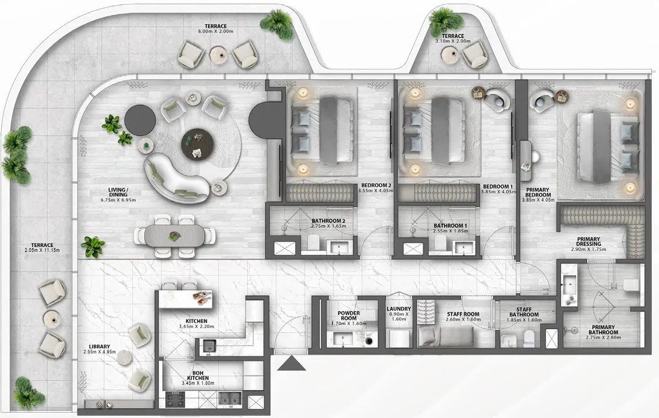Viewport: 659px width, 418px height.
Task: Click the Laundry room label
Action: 398,309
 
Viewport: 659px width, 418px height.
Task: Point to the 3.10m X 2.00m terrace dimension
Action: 453,43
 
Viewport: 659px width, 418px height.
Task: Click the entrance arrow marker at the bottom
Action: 291,363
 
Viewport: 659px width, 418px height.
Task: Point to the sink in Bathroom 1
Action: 462,247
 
